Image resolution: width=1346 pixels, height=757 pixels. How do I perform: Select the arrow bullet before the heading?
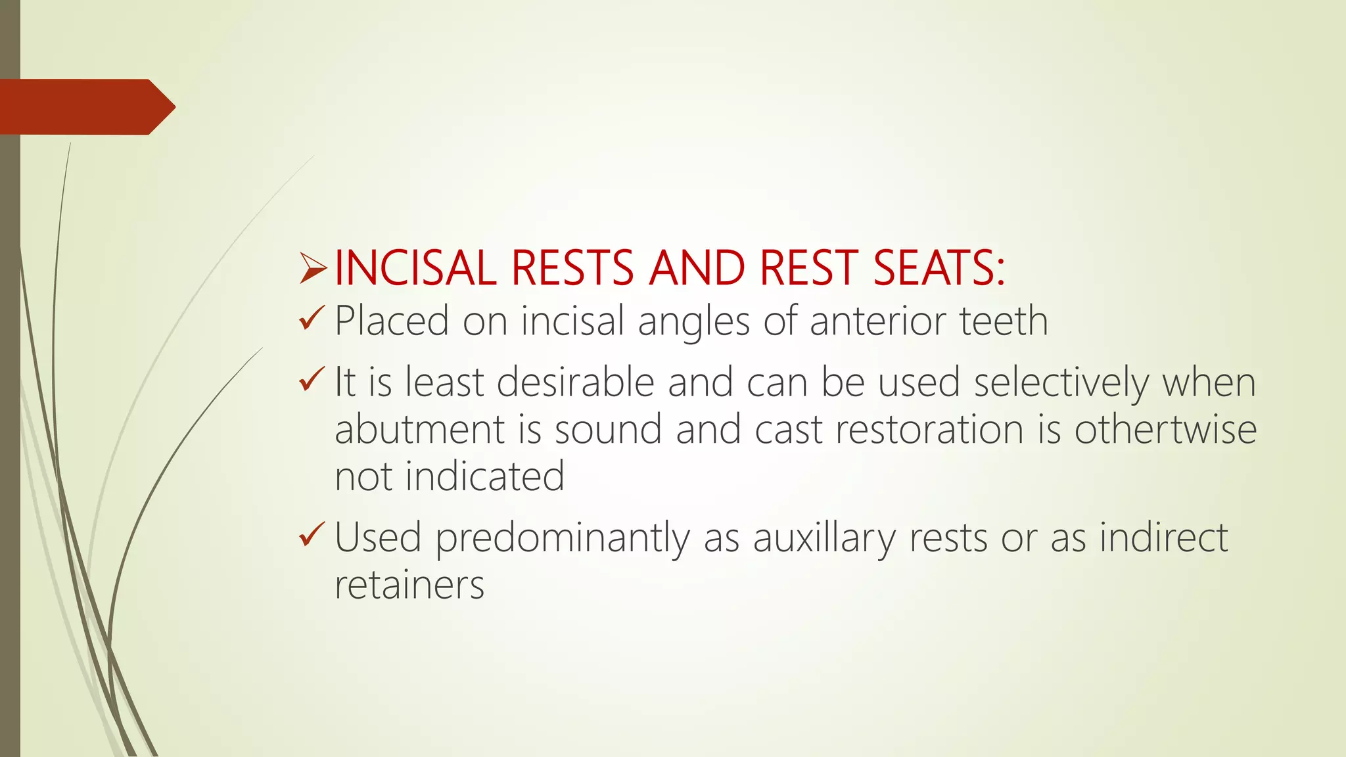[313, 268]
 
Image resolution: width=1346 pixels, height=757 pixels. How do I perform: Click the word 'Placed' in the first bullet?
[392, 321]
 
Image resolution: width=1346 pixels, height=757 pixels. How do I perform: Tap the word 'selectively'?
[1061, 383]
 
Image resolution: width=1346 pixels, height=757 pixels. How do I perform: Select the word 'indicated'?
[484, 476]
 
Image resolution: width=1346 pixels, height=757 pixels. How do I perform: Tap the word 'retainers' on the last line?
[409, 585]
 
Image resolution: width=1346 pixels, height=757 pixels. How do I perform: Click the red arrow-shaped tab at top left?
[85, 106]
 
